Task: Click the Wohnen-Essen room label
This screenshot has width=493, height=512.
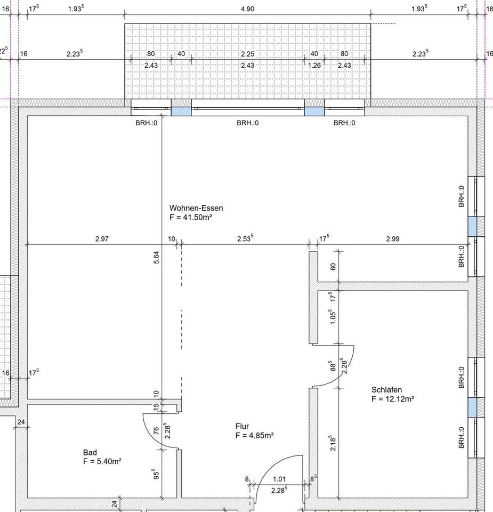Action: point(196,208)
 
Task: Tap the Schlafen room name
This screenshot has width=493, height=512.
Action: point(386,389)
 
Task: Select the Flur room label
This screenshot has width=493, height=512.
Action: point(242,426)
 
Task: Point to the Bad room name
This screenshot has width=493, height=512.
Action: point(90,452)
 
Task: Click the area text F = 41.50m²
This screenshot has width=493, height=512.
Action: point(191,217)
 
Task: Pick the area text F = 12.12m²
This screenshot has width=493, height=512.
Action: point(393,399)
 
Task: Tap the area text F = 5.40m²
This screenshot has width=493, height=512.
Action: point(102,461)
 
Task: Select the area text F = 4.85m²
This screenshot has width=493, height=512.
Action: point(254,435)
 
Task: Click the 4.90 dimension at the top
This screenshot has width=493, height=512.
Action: point(247,9)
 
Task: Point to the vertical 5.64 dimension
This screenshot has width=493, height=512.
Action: point(156,257)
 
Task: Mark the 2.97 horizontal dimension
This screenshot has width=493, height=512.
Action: point(102,239)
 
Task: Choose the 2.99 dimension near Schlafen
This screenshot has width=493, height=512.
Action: point(392,239)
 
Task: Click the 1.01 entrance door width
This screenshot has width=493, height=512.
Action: point(279,479)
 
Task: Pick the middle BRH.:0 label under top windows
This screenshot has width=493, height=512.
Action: point(248,123)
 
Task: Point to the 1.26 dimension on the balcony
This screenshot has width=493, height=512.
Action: point(314,65)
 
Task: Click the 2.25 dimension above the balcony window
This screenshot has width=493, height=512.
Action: point(247,54)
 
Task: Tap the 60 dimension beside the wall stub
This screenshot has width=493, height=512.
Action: point(333,267)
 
